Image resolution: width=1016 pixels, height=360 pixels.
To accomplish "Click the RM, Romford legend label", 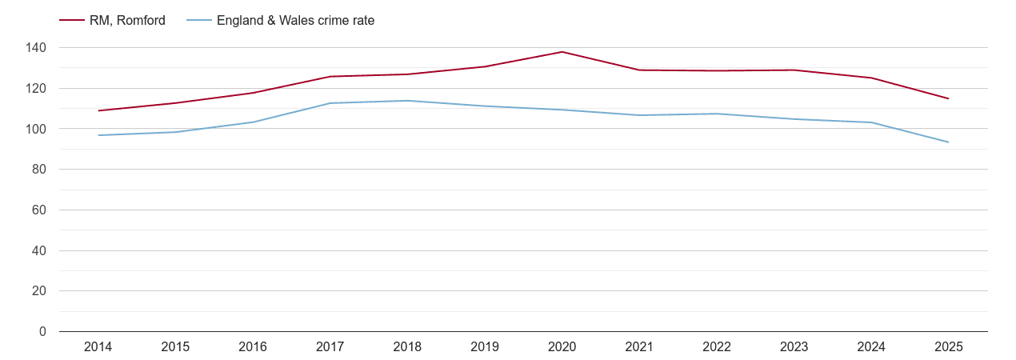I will (x=127, y=21).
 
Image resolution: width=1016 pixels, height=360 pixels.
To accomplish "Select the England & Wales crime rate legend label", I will (x=295, y=21).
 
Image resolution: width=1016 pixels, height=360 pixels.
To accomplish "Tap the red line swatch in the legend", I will (x=72, y=21).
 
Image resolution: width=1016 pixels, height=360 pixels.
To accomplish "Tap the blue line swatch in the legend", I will (x=199, y=21).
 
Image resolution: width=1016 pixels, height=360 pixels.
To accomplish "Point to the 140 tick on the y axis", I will (x=36, y=48).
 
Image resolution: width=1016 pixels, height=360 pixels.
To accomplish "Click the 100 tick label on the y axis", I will (x=36, y=129).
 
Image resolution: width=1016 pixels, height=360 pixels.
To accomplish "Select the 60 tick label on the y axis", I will (x=39, y=210).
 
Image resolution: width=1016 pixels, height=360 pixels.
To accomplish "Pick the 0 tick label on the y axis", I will (x=42, y=332).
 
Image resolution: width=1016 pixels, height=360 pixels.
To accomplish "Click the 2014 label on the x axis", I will (x=98, y=347).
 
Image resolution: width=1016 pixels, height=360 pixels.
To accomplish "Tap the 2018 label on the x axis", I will (x=407, y=347).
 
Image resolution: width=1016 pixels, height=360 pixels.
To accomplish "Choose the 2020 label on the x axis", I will (x=562, y=347).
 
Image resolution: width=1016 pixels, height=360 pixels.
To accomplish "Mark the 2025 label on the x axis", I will (x=949, y=347).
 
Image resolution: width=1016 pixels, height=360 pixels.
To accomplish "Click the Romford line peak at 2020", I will (x=562, y=52).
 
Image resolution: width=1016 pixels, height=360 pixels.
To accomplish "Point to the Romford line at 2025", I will (x=949, y=98).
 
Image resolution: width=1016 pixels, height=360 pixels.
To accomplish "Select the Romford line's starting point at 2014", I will (x=98, y=110).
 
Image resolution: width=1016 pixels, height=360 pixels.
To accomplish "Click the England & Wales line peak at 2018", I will (x=407, y=101).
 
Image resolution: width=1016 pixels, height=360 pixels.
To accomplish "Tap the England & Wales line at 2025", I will (x=949, y=142).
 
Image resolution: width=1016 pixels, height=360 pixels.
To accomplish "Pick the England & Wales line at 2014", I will (x=98, y=135).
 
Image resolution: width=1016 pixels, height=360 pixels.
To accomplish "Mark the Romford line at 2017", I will (x=330, y=77).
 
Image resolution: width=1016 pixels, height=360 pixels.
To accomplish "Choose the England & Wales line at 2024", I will (x=871, y=122).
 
